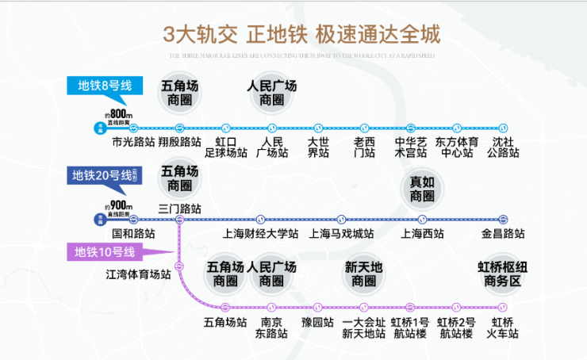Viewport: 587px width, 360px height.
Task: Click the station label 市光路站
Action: (x=133, y=143)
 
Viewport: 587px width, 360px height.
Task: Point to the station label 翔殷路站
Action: (x=179, y=143)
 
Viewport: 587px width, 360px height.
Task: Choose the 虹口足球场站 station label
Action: (x=226, y=147)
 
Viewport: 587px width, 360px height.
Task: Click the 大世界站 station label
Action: (x=318, y=147)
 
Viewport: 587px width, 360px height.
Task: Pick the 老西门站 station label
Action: (x=364, y=147)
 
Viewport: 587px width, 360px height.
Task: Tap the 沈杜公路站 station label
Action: (x=503, y=147)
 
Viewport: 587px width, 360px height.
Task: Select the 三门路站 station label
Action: (x=180, y=208)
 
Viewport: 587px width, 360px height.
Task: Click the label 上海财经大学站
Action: (x=260, y=234)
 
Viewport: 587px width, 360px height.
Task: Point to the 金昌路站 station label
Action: (x=503, y=234)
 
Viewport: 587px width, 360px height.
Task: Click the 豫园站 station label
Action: (x=317, y=323)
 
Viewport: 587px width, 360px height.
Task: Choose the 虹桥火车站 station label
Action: (x=503, y=328)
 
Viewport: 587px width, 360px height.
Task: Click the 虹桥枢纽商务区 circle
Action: (x=502, y=274)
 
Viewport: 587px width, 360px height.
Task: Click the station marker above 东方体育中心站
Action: (x=457, y=128)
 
